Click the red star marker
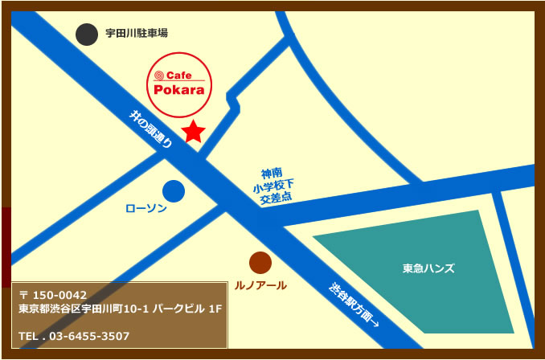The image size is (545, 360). point(193,131)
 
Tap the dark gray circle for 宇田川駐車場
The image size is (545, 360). point(86,34)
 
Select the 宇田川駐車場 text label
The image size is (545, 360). point(137,34)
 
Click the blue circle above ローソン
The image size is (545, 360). point(174,191)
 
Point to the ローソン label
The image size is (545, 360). point(146,209)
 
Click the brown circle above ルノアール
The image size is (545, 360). point(260,263)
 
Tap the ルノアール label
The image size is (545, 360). point(260,285)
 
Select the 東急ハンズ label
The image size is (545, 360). point(428,268)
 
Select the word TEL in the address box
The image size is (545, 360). point(30,336)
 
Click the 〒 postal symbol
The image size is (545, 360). point(24,296)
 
